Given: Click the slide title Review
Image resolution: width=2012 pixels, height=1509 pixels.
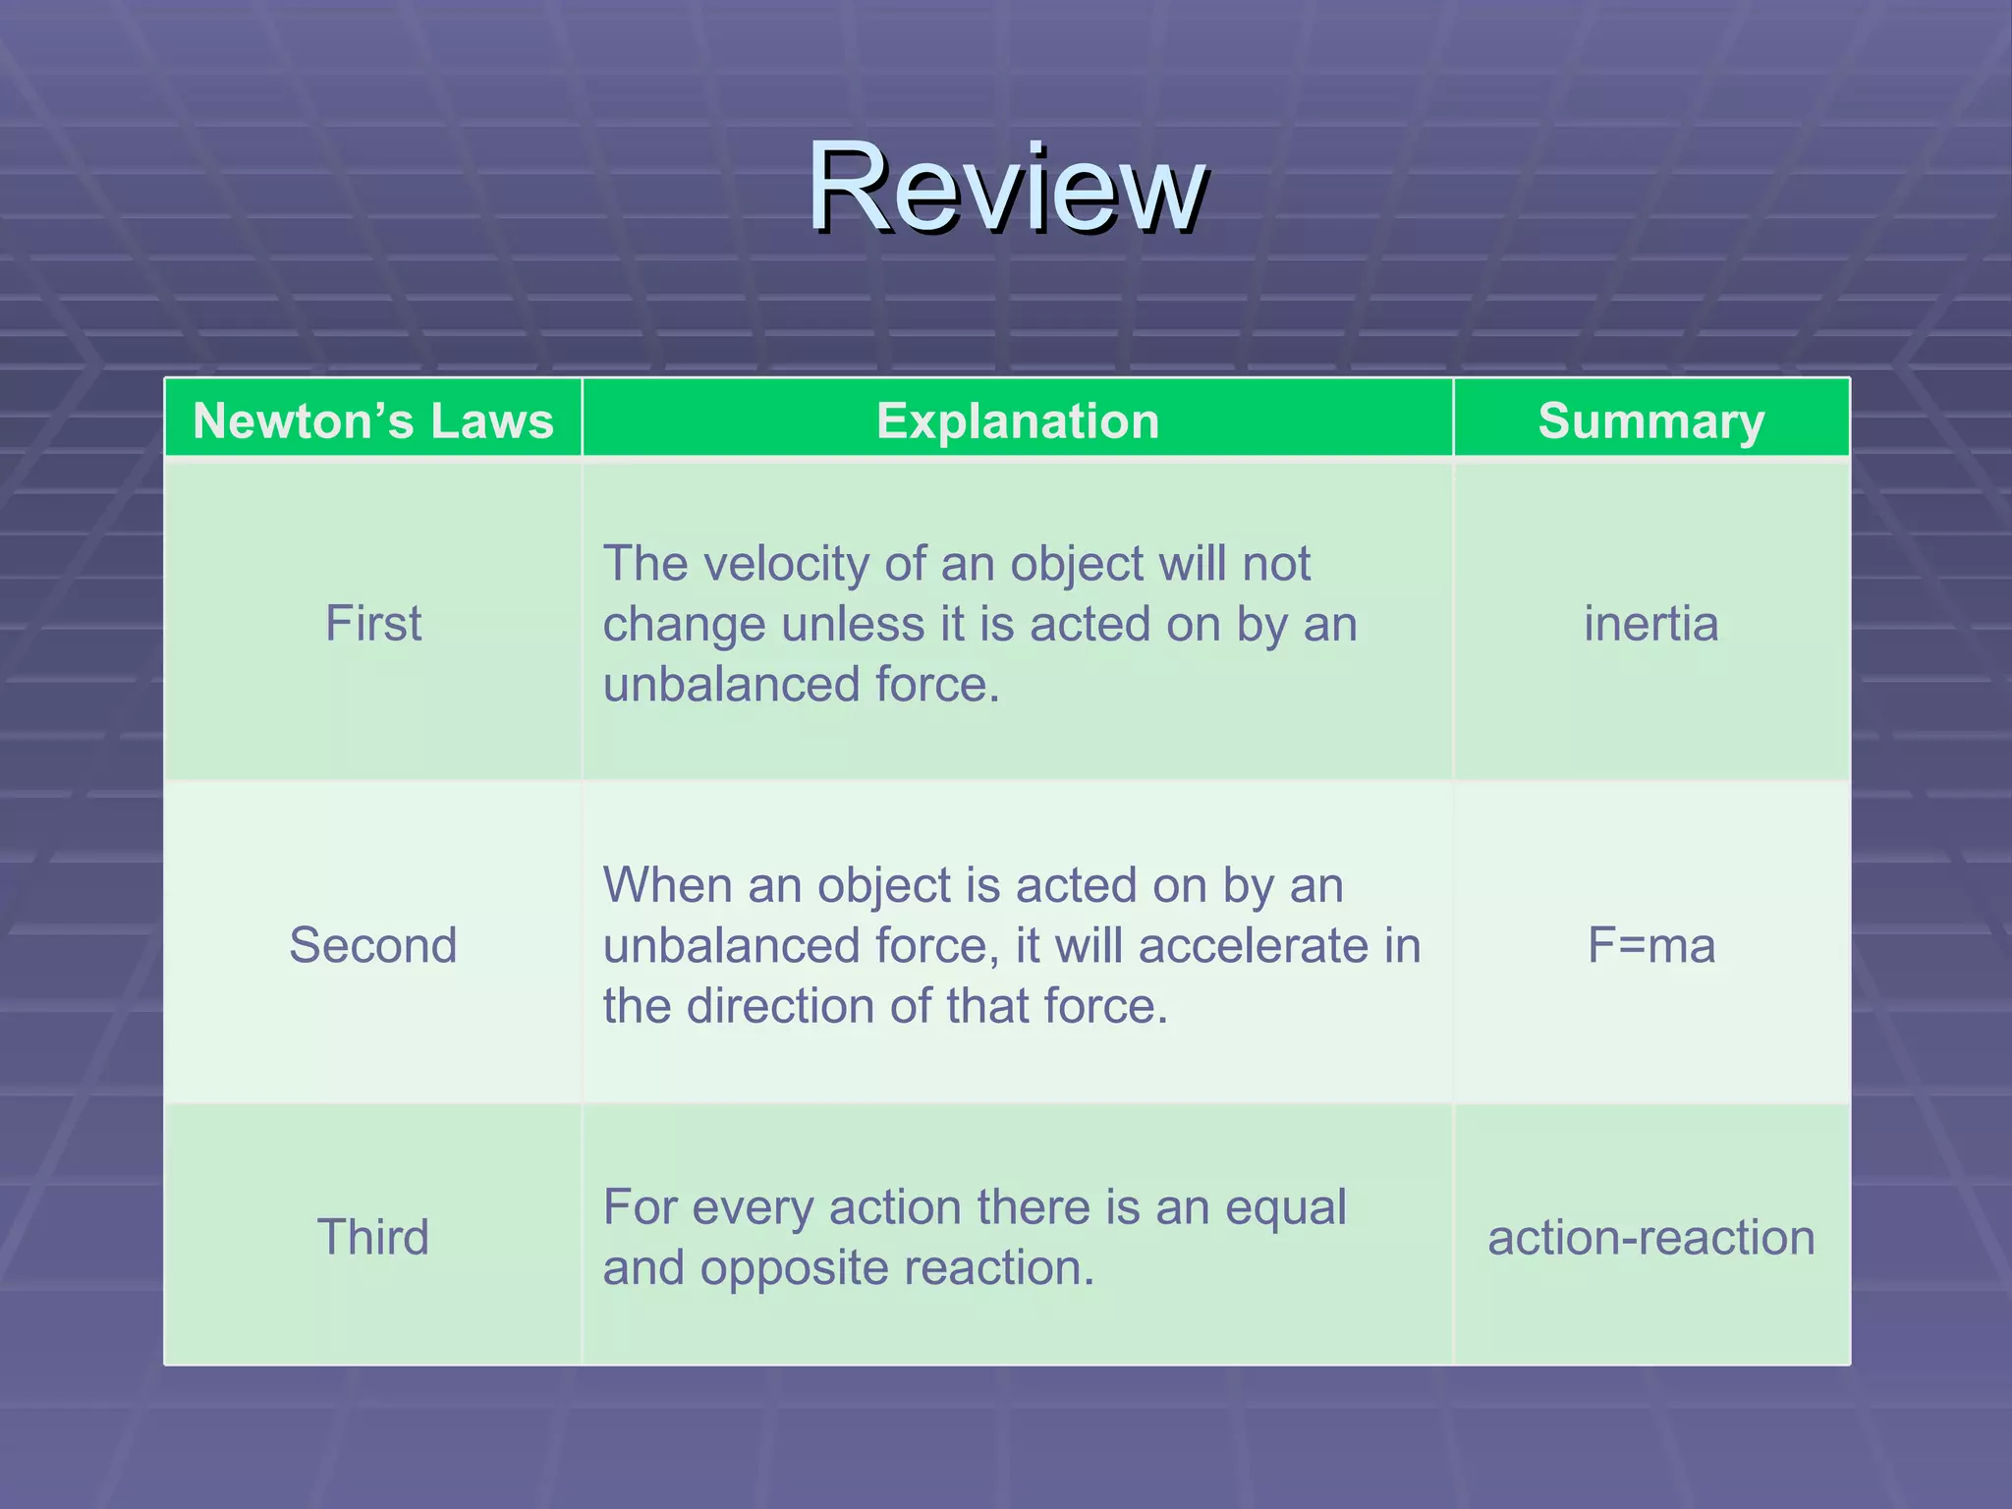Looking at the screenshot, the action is click(1007, 187).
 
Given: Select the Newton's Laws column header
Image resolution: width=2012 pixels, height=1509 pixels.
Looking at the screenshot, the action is click(373, 420).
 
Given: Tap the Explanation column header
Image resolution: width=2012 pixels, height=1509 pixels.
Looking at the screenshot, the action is click(1018, 420).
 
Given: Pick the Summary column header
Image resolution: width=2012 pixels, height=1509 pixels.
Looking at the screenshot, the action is click(1651, 420).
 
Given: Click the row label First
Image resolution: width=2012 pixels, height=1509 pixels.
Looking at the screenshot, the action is click(373, 623).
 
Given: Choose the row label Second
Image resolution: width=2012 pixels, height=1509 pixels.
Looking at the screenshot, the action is click(373, 945).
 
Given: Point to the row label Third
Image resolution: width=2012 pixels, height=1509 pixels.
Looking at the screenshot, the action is click(373, 1236).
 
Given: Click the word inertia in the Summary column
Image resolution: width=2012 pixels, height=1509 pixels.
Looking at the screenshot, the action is click(1651, 623).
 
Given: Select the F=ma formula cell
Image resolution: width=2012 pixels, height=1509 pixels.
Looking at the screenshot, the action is click(1651, 945).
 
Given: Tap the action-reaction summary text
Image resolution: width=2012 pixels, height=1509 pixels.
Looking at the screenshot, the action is click(1651, 1237).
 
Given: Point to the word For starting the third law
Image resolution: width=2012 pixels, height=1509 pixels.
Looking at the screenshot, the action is click(639, 1207).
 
